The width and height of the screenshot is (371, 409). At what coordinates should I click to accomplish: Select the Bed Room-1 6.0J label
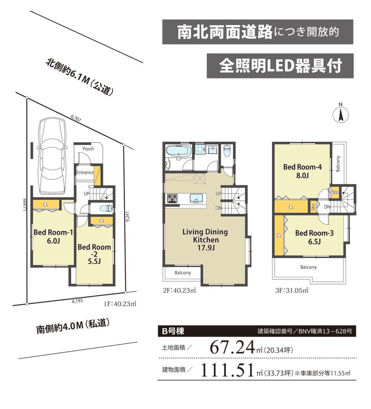point(53,236)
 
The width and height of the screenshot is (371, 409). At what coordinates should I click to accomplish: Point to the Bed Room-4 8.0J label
point(302,171)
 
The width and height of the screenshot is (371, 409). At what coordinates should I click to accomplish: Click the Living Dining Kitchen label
point(205,240)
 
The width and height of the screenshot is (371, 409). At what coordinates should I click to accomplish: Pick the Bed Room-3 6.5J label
point(315,237)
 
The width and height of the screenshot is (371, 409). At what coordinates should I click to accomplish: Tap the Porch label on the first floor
point(88,149)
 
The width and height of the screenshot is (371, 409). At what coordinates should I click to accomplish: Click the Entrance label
point(85,173)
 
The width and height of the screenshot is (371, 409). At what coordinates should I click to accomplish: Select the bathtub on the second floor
point(178,151)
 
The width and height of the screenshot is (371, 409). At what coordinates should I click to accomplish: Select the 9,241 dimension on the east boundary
point(127,217)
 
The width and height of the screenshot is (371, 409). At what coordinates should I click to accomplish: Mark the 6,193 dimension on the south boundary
point(78,300)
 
